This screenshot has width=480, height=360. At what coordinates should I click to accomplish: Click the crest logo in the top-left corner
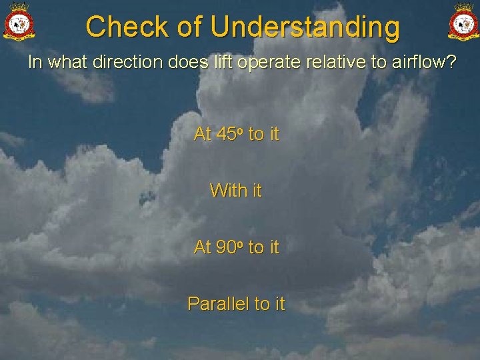pyautogui.click(x=19, y=21)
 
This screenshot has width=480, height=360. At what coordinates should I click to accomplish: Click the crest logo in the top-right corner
pyautogui.click(x=463, y=21)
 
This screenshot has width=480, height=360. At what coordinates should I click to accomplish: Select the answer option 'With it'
pyautogui.click(x=236, y=191)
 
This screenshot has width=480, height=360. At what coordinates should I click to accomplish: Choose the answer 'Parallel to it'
pyautogui.click(x=236, y=304)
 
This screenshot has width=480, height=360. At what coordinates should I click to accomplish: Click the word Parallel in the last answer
pyautogui.click(x=218, y=304)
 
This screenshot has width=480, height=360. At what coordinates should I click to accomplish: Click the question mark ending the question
pyautogui.click(x=452, y=63)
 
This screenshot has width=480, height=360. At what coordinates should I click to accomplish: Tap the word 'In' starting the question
pyautogui.click(x=35, y=63)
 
